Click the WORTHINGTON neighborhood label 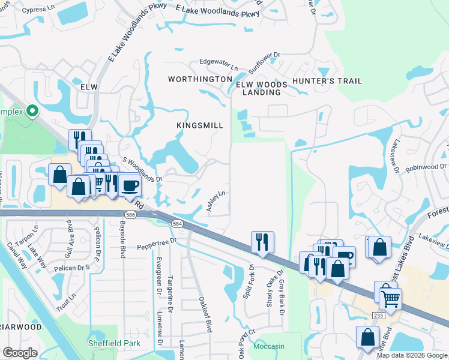[200, 79]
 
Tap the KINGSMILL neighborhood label [200, 125]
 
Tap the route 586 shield [130, 214]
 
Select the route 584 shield [178, 223]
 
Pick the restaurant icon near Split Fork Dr [262, 242]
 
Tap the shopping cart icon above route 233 [390, 297]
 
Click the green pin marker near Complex [34, 111]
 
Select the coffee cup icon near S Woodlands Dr [130, 185]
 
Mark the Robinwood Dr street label [427, 168]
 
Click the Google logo [20, 353]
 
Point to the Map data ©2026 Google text [412, 355]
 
